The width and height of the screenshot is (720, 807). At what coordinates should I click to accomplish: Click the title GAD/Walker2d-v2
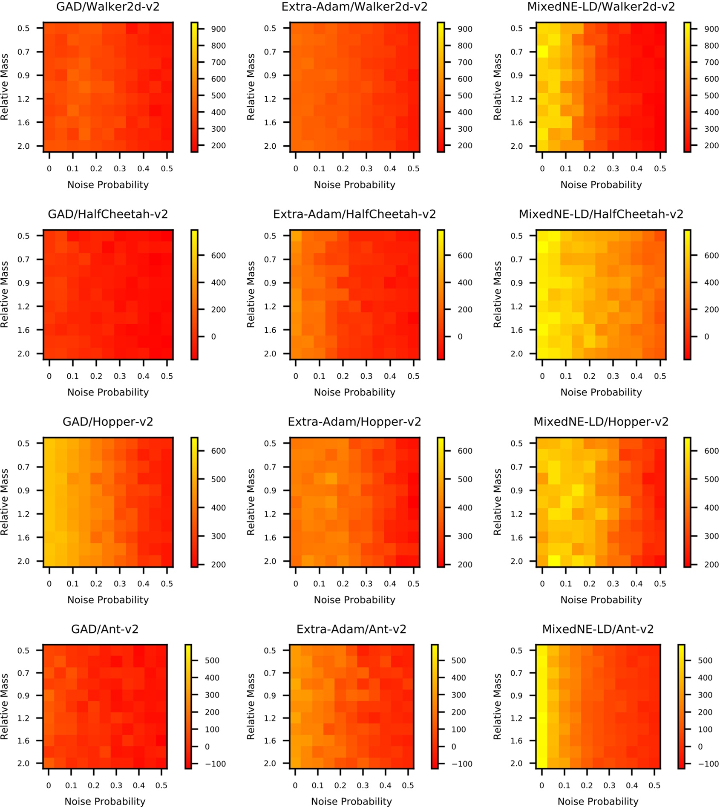point(108,7)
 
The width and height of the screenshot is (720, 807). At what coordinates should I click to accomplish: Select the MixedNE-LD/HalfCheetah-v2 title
point(601,214)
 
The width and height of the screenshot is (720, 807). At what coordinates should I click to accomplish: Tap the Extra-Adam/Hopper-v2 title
point(354,422)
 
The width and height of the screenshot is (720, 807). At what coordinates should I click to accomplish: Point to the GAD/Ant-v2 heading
point(105,629)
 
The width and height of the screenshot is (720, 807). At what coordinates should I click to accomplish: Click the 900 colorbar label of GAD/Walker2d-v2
point(218,29)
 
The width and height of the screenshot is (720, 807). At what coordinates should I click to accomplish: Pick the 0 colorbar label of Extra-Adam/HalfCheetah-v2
point(460,337)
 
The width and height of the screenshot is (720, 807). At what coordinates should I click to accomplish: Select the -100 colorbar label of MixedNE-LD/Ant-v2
point(705,764)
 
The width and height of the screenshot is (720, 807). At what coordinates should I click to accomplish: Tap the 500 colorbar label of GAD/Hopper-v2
point(218,479)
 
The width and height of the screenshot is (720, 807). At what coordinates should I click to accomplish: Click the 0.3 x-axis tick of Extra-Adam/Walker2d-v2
point(366,169)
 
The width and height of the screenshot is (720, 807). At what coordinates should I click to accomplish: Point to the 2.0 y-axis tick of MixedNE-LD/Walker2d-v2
point(517,146)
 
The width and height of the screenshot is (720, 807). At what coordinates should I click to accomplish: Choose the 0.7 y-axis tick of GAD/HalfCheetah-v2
point(23,259)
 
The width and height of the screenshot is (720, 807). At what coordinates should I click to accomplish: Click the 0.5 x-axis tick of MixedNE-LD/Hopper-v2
point(660,584)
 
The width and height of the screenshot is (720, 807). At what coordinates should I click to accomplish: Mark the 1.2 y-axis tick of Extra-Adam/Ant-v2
point(270,718)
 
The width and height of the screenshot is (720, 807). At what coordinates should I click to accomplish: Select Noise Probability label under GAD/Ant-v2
point(105,801)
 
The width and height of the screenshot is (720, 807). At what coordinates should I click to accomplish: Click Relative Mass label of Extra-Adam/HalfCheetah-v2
point(251,294)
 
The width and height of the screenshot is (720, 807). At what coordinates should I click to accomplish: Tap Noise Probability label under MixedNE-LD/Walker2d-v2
point(601,185)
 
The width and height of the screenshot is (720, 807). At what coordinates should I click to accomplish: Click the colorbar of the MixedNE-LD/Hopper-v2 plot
point(687,502)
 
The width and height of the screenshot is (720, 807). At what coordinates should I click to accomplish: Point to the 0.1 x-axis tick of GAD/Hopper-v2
point(73,584)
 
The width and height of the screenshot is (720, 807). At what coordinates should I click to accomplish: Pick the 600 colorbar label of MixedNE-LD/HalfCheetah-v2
point(711,256)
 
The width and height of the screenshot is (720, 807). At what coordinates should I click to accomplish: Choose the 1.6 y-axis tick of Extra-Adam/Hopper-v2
point(270,538)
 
